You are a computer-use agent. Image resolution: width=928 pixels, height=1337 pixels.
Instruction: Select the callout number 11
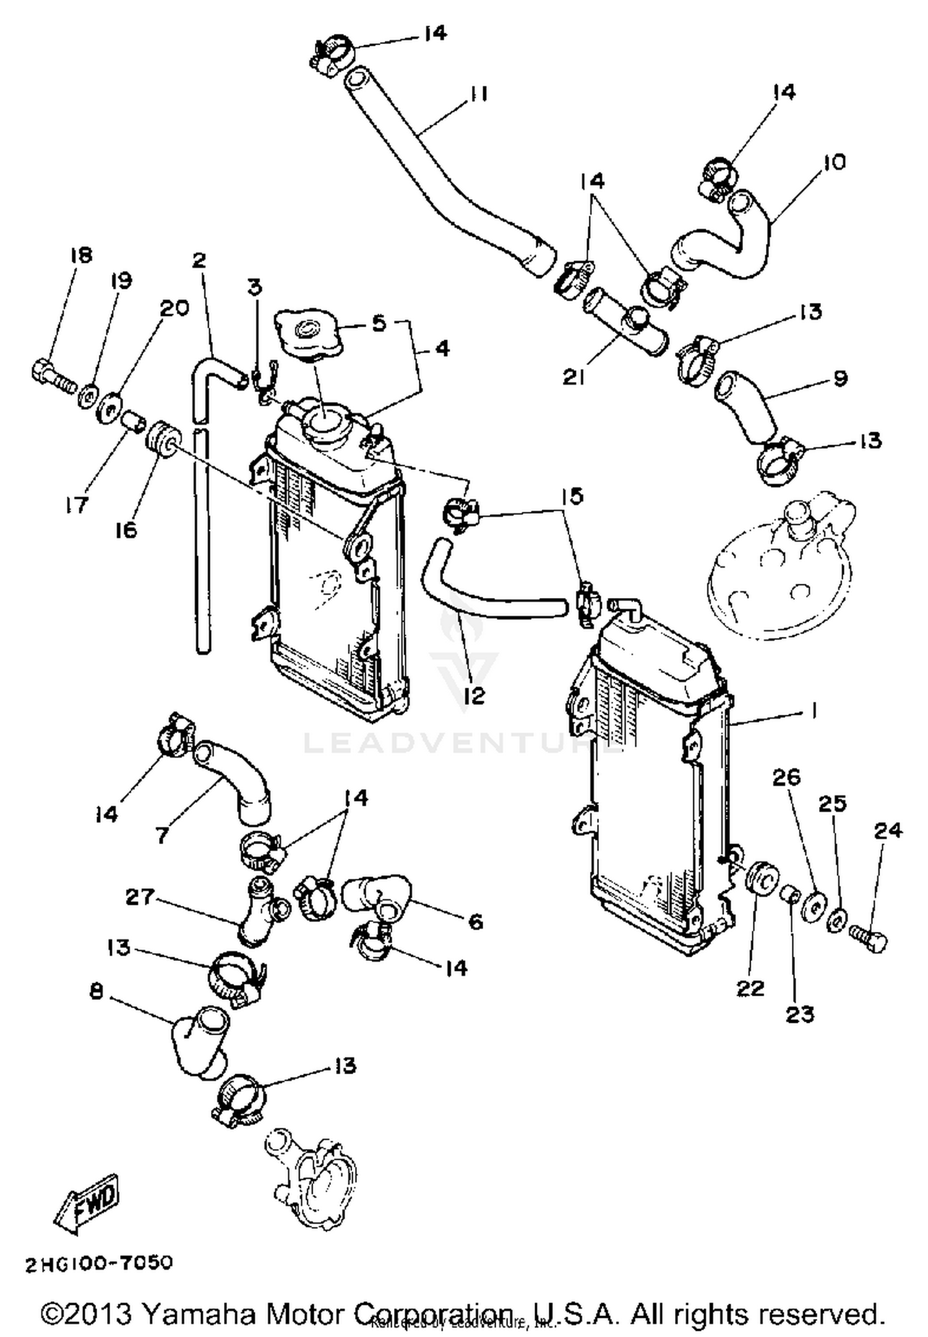click(x=476, y=94)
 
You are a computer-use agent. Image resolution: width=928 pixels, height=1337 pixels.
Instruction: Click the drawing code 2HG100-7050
click(x=99, y=1263)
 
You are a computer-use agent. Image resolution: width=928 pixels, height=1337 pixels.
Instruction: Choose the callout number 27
click(x=139, y=897)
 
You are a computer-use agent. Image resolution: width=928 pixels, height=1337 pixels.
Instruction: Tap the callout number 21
click(x=574, y=377)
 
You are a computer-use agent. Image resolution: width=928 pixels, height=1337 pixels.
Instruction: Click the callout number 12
click(x=474, y=696)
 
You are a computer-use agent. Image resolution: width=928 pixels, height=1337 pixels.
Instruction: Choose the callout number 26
click(x=786, y=777)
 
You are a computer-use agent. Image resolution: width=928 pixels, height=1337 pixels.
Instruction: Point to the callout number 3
click(x=254, y=288)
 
